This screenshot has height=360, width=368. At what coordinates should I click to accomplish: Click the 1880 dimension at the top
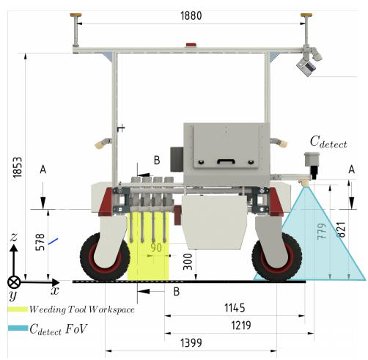[191, 16]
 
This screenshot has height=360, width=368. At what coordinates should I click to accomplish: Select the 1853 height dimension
[18, 167]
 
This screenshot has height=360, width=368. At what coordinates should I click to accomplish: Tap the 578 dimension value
[40, 242]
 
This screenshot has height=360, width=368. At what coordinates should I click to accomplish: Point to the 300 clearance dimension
[188, 262]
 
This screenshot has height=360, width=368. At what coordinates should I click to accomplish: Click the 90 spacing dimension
[156, 248]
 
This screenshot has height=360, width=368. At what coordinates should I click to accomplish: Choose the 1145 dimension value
[235, 308]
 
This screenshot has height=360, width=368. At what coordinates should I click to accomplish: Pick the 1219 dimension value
[241, 326]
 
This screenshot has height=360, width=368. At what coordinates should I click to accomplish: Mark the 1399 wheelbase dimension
[191, 343]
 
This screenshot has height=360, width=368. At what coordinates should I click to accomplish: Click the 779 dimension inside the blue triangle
[322, 231]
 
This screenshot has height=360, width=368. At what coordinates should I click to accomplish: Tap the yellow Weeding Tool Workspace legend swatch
[18, 309]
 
